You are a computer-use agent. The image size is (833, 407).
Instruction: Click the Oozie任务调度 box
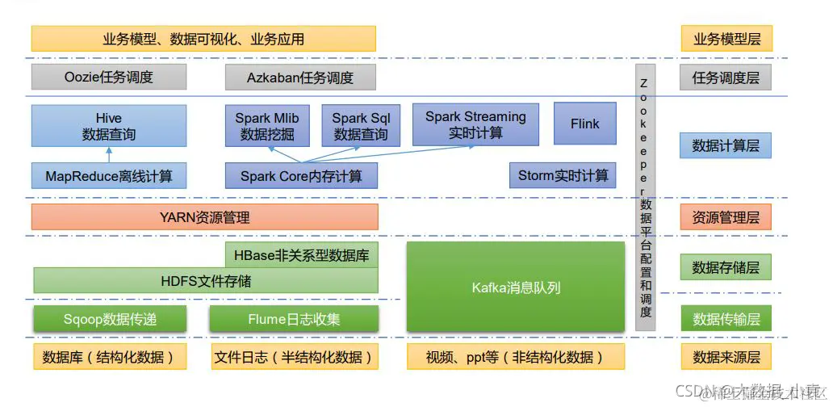[x=109, y=78]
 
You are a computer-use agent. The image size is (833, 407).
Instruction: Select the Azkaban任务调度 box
[x=300, y=78]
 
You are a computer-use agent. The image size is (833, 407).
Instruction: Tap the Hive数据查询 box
[x=109, y=126]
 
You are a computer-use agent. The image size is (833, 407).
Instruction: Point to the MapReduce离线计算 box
[x=109, y=175]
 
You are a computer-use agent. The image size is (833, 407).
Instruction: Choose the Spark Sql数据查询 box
[x=361, y=126]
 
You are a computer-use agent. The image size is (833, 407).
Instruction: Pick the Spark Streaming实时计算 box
[x=475, y=124]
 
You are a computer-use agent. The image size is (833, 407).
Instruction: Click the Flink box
[x=585, y=124]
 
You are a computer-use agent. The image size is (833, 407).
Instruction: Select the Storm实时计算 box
[x=563, y=175]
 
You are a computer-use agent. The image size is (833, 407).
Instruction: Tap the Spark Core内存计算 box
[x=300, y=175]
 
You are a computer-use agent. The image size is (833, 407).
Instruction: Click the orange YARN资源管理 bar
[x=204, y=216]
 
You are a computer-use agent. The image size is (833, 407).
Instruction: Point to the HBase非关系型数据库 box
[x=300, y=255]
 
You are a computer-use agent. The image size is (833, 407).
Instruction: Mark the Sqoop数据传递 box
[x=110, y=319]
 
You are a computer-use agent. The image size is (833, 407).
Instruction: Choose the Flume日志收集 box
[x=294, y=319]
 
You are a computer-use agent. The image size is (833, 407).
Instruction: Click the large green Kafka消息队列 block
[x=516, y=287]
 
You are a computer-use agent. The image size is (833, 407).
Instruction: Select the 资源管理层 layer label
[x=726, y=216]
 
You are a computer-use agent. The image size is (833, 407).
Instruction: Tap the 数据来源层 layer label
[x=726, y=357]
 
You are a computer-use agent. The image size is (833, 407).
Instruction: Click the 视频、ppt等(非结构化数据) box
[x=516, y=357]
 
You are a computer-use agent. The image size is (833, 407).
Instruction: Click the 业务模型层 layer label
[x=726, y=38]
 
